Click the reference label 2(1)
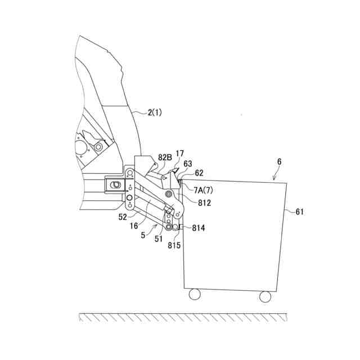pyautogui.click(x=155, y=112)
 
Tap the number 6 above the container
pyautogui.click(x=279, y=161)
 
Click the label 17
pyautogui.click(x=179, y=154)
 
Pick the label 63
pyautogui.click(x=187, y=164)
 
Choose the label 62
pyautogui.click(x=200, y=173)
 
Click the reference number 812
pyautogui.click(x=204, y=202)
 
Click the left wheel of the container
pyautogui.click(x=195, y=294)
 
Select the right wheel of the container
pyautogui.click(x=265, y=296)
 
